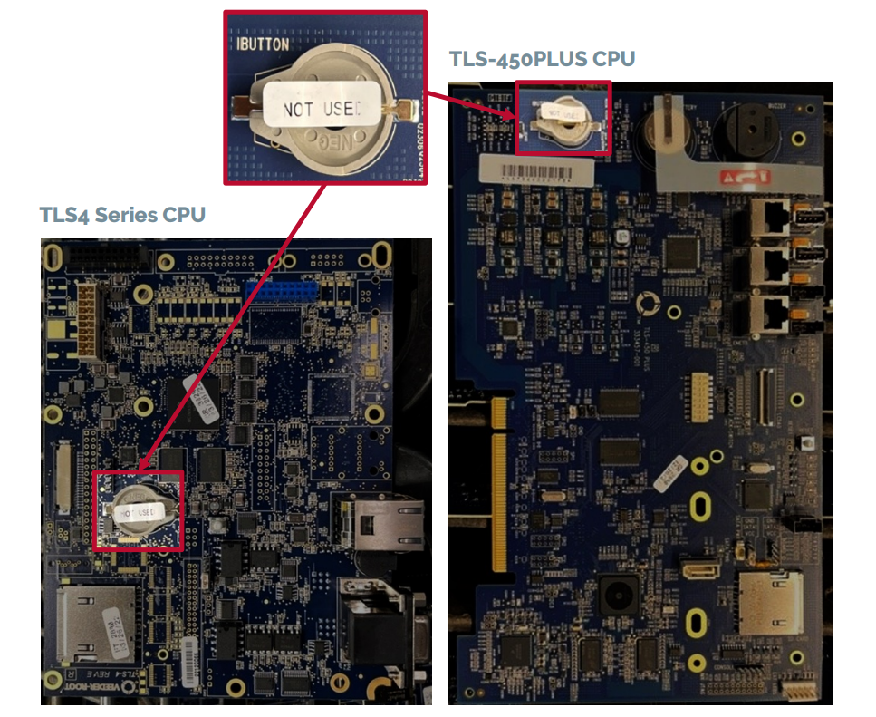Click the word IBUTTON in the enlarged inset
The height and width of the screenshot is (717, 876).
pos(264,43)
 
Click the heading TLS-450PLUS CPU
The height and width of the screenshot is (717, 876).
pos(542,59)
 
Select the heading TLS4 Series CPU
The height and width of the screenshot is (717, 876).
pos(122,215)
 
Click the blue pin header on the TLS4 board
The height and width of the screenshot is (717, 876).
pos(281,292)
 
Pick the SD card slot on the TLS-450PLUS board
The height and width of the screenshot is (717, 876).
pos(769,603)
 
